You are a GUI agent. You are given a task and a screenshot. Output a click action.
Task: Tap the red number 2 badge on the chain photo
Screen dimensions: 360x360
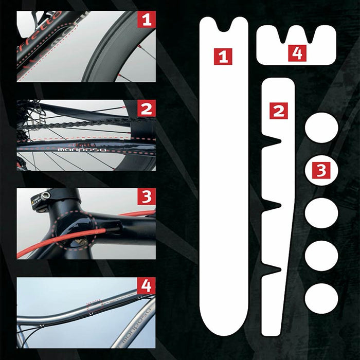[147, 109]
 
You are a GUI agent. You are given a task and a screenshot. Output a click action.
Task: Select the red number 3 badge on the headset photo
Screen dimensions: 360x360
[147, 197]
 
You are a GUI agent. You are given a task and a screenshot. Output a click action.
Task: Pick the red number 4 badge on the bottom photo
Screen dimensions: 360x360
[147, 285]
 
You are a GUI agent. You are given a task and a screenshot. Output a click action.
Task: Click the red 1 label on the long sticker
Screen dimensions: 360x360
[223, 56]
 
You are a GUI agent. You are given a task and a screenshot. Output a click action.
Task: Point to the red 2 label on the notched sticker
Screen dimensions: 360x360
[278, 110]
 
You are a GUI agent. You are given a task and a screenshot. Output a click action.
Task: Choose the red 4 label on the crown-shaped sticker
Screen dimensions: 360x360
[297, 52]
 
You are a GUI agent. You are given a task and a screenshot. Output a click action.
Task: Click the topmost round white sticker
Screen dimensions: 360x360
[321, 128]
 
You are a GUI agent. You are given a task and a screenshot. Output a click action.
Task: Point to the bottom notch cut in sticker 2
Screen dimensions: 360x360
[273, 268]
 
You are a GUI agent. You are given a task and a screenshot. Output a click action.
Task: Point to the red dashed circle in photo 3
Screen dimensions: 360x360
[75, 231]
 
